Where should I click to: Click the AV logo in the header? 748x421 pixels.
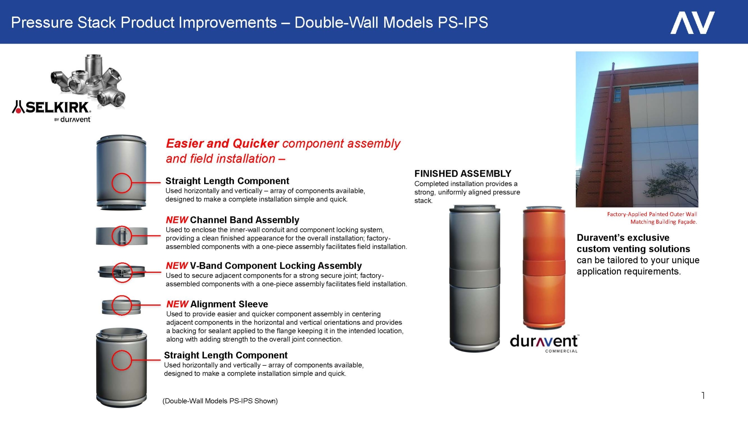(692, 23)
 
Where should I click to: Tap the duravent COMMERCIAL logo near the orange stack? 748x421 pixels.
(544, 343)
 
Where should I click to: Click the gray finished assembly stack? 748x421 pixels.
(475, 279)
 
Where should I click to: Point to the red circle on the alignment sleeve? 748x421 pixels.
(122, 305)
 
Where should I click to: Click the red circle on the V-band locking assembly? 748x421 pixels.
(122, 272)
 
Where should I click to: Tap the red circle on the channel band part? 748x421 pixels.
(122, 236)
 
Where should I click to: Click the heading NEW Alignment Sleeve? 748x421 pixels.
(217, 304)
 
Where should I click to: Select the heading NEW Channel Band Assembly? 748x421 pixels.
(233, 220)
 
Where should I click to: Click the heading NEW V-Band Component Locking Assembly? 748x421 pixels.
(264, 265)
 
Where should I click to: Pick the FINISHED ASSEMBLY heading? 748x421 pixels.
(462, 173)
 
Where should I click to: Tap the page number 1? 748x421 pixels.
(703, 396)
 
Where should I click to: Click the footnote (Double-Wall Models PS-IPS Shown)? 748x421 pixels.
(220, 401)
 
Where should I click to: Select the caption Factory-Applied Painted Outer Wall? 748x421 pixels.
(652, 214)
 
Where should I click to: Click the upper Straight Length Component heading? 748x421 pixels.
(227, 181)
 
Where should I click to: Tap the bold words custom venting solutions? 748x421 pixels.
(633, 249)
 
